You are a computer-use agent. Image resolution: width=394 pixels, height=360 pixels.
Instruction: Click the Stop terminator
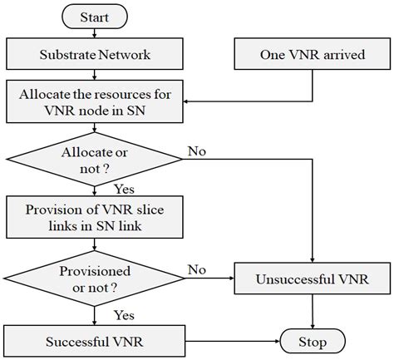click(x=313, y=341)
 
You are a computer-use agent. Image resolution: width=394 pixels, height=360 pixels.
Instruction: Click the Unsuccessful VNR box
click(x=312, y=278)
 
